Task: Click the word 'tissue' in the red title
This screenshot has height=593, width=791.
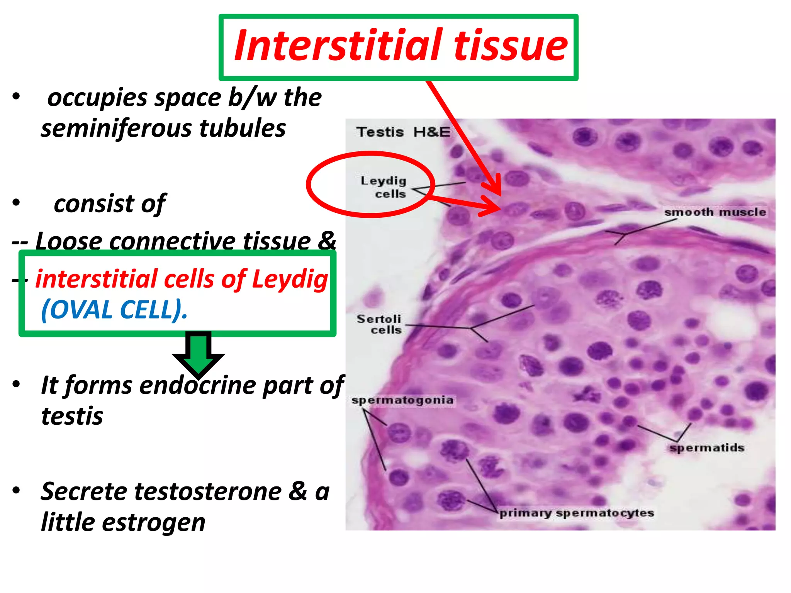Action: coord(511,46)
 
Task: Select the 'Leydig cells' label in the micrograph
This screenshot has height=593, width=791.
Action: coord(383,187)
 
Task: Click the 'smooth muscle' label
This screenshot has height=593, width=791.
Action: coord(715,212)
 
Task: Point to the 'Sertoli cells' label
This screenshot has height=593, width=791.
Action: coord(379,324)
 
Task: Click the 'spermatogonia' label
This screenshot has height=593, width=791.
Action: coord(402,400)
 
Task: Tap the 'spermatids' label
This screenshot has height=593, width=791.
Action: coord(707,448)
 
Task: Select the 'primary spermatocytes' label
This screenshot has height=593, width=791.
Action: coord(577,513)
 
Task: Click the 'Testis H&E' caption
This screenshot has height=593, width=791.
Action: coord(403,132)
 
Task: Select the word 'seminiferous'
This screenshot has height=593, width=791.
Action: coord(116,129)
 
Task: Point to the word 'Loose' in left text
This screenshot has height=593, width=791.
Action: coord(68,241)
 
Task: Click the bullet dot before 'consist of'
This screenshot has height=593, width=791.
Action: coord(16,202)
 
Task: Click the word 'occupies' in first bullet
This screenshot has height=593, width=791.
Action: coord(97,98)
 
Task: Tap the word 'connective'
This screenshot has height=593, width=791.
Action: coord(172,241)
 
